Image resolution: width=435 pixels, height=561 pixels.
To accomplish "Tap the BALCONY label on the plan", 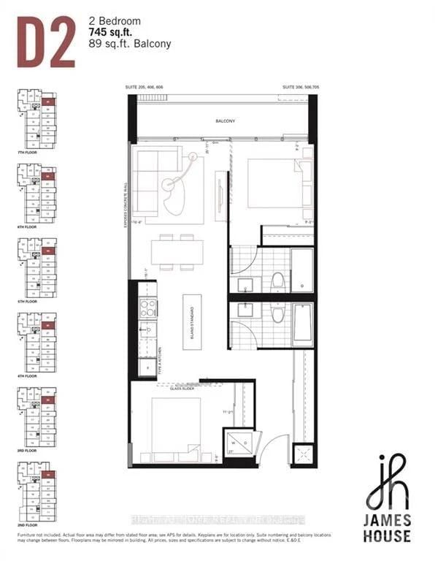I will pos(225,121).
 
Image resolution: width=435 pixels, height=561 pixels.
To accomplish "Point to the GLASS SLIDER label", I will pos(183,389).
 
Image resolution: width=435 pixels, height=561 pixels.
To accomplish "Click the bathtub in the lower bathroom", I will pos(302,324).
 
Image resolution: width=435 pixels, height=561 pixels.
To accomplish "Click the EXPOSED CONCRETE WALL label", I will pos(127,205).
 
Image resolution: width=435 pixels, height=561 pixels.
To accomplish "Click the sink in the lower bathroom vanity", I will pos(245,310).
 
